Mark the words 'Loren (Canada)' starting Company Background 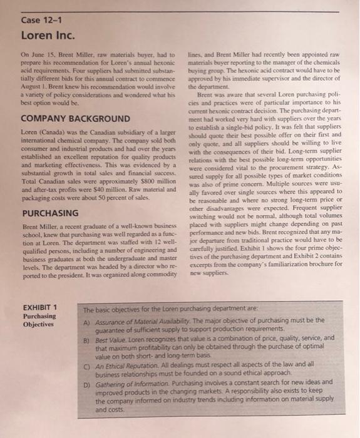[x=46, y=132]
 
